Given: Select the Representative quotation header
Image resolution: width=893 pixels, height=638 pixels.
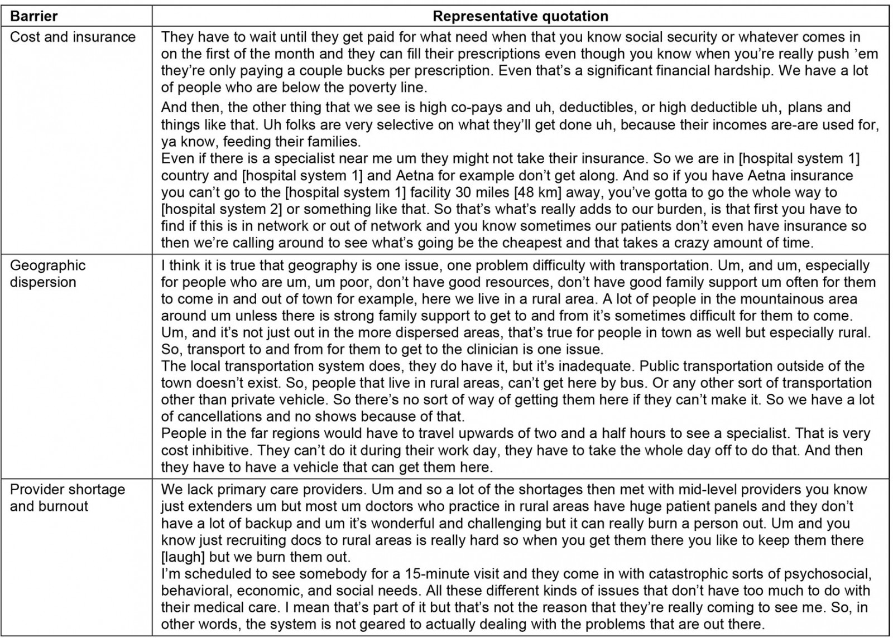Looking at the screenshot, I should point(520,16).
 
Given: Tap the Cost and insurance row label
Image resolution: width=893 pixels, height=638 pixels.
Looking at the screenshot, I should point(73,37).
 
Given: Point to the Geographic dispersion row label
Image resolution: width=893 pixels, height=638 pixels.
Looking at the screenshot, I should point(47,273).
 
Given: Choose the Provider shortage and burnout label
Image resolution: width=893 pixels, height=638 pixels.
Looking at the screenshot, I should point(67,498).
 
